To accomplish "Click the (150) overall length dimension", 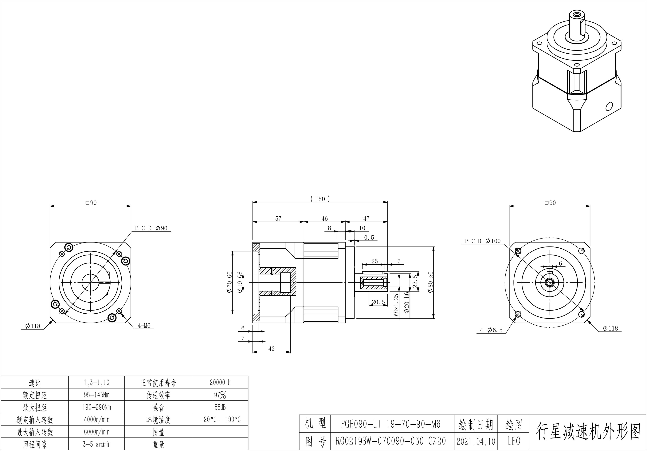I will click(x=320, y=199).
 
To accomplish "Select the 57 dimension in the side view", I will click(x=278, y=218).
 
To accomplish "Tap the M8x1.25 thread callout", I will click(x=396, y=305).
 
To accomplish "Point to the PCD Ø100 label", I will click(x=482, y=241).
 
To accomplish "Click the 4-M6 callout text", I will click(x=144, y=326).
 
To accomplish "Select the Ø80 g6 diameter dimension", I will click(x=430, y=282).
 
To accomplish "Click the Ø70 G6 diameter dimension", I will click(x=229, y=282).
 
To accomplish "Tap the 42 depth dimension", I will click(x=271, y=349).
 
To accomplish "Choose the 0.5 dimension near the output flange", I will click(x=369, y=238).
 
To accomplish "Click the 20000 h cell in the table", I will click(x=220, y=382).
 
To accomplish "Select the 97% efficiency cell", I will click(x=220, y=395).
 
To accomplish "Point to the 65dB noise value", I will click(x=220, y=407).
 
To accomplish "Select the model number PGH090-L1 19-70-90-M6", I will click(x=390, y=424).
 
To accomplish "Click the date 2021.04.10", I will click(x=476, y=441).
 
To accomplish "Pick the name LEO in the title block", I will click(x=514, y=441).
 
